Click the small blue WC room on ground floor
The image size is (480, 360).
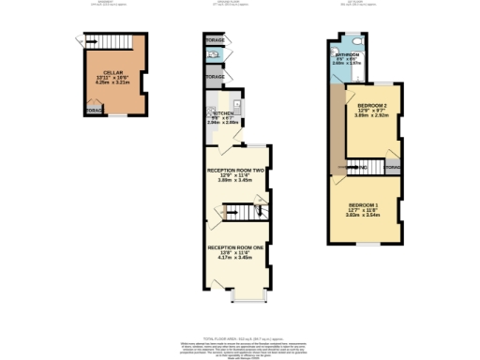215,57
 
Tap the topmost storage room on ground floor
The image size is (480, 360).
215,40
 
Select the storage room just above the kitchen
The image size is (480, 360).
215,76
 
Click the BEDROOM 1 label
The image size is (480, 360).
364,204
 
